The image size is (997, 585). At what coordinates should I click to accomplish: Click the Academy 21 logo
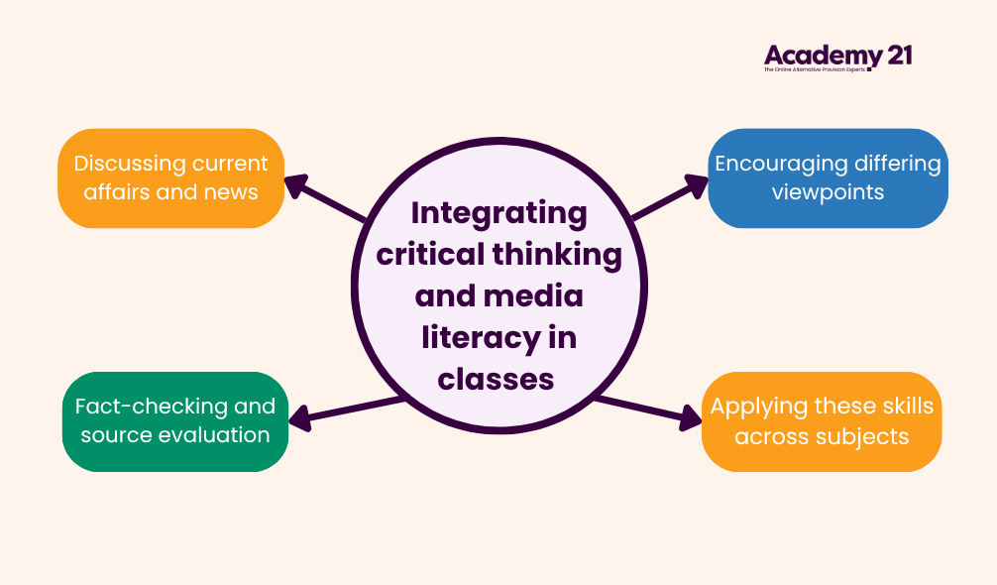pos(836,58)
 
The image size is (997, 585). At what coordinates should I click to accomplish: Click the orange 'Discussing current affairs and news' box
pos(171,177)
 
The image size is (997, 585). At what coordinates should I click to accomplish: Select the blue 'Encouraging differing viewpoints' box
pos(828,177)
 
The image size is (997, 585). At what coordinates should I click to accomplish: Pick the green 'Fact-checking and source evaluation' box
pos(175,420)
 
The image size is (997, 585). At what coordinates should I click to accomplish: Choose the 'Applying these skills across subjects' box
pos(822,420)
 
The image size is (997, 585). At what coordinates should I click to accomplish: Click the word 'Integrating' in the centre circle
pos(498,213)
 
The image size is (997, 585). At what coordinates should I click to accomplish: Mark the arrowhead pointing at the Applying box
pos(691,419)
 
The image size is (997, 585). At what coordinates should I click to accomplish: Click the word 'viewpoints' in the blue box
pos(828,191)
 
